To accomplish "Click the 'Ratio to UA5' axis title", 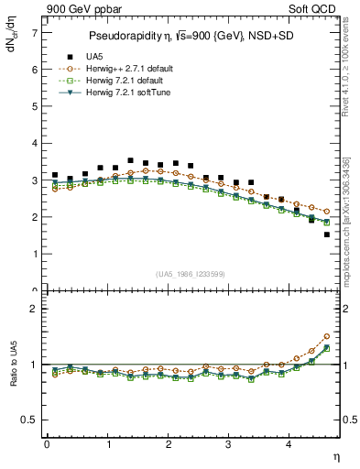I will coord(13,375).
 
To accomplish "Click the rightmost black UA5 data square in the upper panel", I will coord(326,234).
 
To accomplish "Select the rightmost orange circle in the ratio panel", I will coord(326,336).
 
